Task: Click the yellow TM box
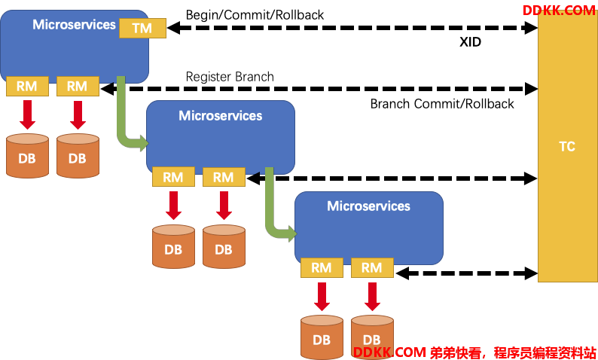point(142,28)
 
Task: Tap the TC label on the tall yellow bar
point(567,146)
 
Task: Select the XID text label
point(470,41)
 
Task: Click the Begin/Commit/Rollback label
point(255,15)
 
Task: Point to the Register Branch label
point(230,77)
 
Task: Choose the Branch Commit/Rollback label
point(442,104)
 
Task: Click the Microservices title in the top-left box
point(74,24)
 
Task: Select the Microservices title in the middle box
point(221,115)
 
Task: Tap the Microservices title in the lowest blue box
point(368,206)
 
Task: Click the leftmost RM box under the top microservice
point(27,86)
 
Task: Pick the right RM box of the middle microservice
point(224,177)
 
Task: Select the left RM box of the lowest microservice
point(322,267)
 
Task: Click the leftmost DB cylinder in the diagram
point(27,156)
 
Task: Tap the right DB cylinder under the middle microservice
point(224,247)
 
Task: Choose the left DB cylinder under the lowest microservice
point(322,337)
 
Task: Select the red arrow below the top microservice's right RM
point(78,115)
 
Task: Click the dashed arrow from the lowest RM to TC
point(467,273)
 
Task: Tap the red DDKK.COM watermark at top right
point(559,11)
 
